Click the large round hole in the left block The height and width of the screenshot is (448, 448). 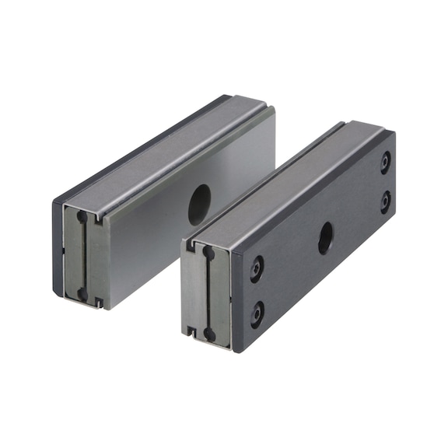click(x=199, y=205)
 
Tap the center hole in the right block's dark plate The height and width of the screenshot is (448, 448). click(x=325, y=238)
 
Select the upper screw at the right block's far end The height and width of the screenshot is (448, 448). click(x=385, y=161)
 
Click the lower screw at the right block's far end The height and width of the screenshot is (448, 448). click(x=385, y=203)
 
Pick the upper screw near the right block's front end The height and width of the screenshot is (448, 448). click(x=257, y=269)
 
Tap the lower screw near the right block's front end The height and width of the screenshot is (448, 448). click(x=257, y=313)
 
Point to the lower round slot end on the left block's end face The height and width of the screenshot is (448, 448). click(x=82, y=294)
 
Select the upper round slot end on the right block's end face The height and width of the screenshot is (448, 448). click(x=208, y=252)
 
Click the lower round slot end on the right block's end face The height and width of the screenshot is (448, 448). click(x=208, y=333)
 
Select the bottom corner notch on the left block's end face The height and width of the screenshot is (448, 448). click(x=99, y=300)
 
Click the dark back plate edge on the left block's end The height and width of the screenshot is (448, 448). click(x=57, y=249)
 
